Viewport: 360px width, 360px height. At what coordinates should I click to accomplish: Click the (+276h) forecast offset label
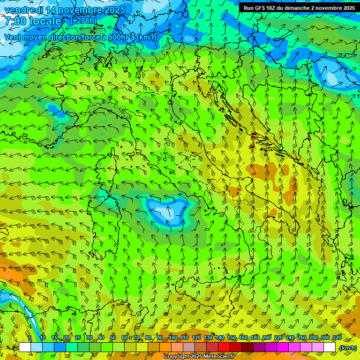coord(83,21)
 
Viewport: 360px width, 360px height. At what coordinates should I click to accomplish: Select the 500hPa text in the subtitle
coord(121,37)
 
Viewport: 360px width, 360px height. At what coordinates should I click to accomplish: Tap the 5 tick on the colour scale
coord(30,337)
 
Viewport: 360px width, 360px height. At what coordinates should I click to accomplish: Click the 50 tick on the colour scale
coord(113,337)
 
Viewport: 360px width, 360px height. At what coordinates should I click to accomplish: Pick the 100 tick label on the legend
coord(172,337)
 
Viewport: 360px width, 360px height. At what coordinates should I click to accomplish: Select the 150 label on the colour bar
coord(232,337)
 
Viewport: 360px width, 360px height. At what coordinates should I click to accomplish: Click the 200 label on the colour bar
coord(267,337)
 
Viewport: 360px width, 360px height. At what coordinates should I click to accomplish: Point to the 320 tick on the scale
coord(337,337)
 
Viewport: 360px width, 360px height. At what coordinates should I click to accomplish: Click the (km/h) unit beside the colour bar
coord(348,348)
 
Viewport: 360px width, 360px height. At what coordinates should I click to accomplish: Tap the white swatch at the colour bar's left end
coord(24,347)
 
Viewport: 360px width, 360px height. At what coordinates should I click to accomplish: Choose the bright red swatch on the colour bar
coord(224,347)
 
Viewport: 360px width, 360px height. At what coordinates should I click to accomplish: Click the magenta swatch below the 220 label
coord(283,347)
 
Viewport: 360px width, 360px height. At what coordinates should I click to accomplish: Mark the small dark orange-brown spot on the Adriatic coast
coord(254,136)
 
